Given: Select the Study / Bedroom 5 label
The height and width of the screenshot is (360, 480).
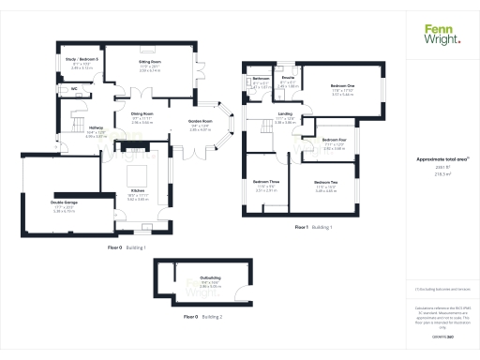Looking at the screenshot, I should tap(82, 59).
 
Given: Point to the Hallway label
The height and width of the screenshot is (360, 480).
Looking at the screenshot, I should tap(95, 129).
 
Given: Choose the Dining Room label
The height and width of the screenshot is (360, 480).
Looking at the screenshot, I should tap(142, 117).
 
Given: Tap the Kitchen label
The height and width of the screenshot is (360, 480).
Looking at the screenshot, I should tap(137, 191).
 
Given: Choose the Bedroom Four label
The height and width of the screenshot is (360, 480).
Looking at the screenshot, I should tap(335, 140).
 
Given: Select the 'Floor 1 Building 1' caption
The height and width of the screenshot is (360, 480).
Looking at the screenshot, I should tap(314, 228).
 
